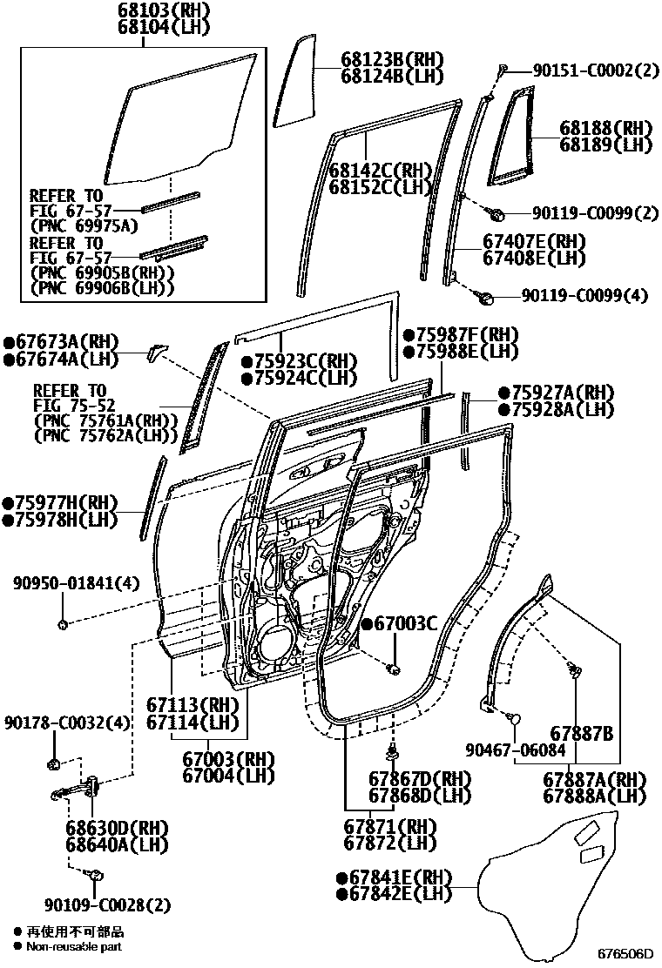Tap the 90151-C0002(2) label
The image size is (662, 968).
point(584,72)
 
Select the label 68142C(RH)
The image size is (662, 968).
point(381,170)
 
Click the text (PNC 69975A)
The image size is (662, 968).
point(84,225)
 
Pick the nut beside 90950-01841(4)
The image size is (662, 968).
point(63,624)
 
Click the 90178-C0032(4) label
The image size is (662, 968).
point(66,723)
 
